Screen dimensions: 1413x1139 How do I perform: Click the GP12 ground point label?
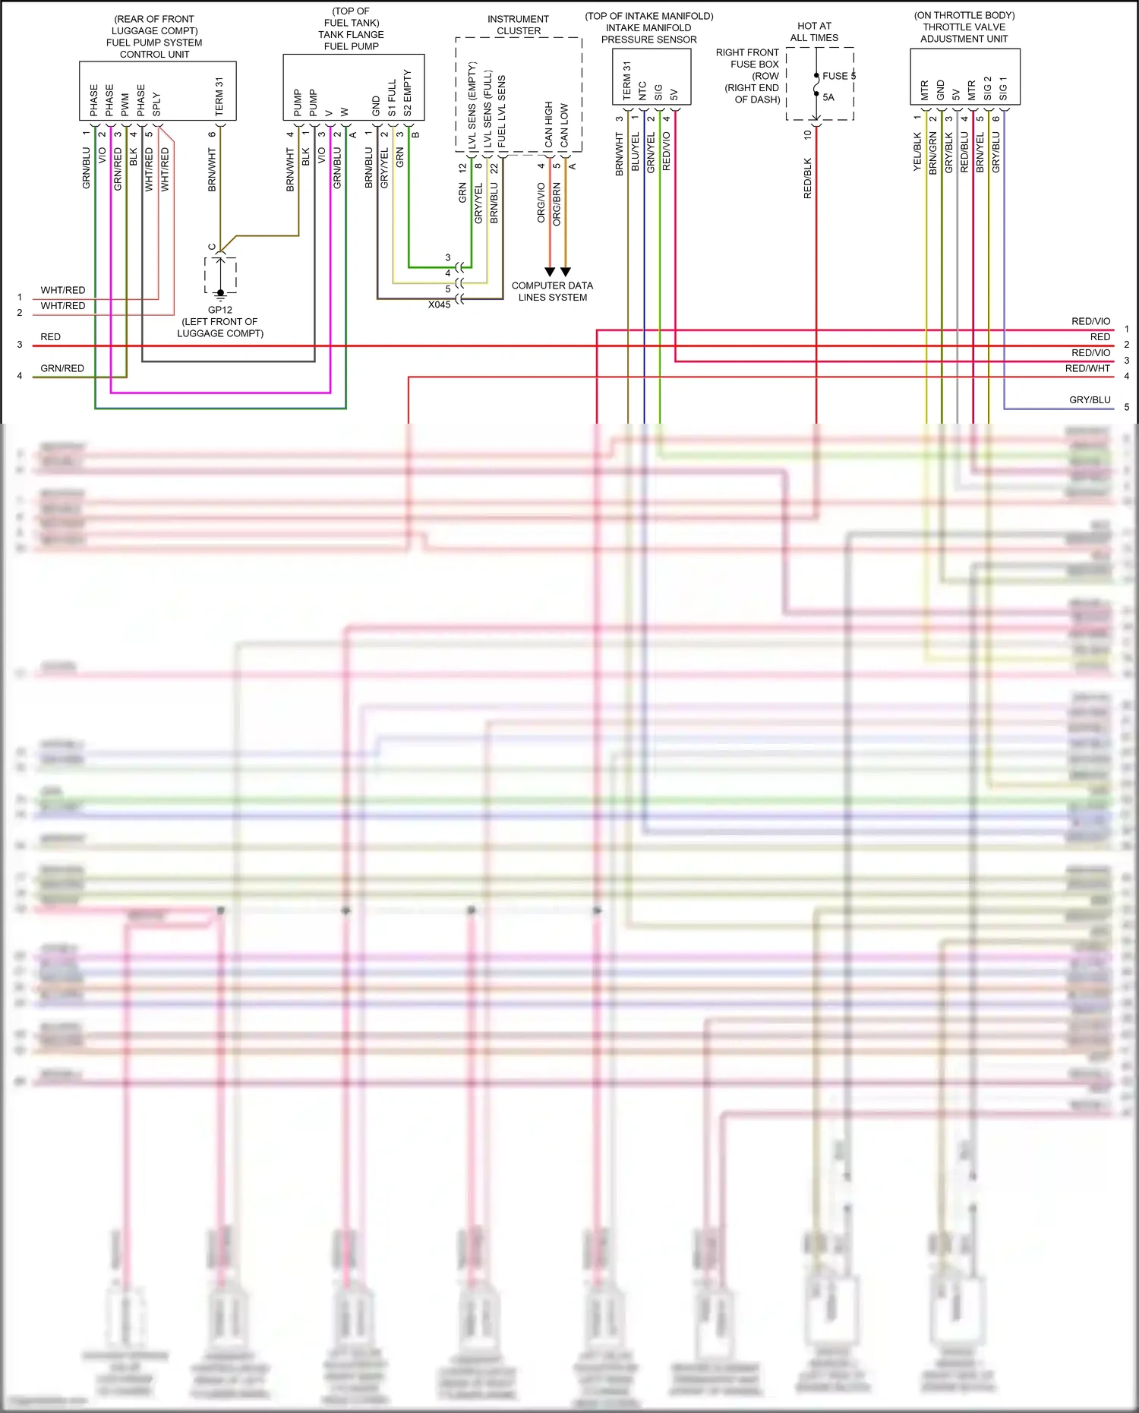click(x=220, y=310)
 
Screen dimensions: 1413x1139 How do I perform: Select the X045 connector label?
click(x=439, y=304)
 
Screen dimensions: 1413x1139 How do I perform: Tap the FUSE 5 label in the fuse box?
click(x=838, y=76)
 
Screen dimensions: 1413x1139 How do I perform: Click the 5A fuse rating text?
click(x=828, y=97)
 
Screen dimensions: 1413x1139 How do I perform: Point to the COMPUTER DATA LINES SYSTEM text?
click(x=552, y=292)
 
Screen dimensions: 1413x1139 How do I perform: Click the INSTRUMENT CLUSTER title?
click(x=519, y=25)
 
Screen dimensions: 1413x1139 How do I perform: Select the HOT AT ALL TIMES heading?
click(x=814, y=32)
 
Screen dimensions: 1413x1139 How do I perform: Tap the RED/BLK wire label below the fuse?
click(x=807, y=178)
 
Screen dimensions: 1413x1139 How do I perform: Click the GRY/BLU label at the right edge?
click(x=1090, y=400)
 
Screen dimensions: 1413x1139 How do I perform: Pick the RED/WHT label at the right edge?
click(x=1087, y=368)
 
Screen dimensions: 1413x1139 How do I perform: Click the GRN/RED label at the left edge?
click(x=62, y=368)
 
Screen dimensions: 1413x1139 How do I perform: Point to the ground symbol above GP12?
click(x=220, y=294)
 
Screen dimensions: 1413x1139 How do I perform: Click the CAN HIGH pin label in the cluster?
click(x=548, y=125)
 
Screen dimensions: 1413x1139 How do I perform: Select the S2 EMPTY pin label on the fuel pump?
click(x=408, y=93)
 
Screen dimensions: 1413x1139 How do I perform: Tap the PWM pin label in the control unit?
click(x=125, y=105)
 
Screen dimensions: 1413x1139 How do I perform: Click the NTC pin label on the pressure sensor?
click(x=642, y=91)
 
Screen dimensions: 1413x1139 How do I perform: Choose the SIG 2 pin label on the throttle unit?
click(x=988, y=88)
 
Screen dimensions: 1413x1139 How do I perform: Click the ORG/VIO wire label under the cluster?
click(x=541, y=203)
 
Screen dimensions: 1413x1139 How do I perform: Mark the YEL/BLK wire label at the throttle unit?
click(x=917, y=152)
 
